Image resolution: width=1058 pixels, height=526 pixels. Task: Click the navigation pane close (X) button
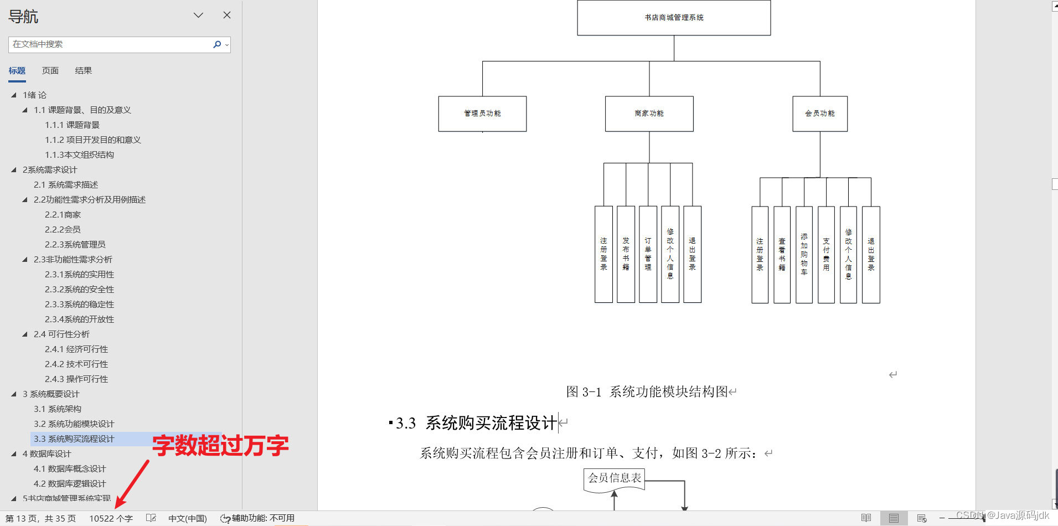[227, 15]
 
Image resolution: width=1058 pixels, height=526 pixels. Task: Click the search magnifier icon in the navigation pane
[217, 44]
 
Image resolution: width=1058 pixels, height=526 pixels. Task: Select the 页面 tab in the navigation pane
[50, 70]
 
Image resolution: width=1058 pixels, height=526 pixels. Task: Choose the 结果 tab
[83, 70]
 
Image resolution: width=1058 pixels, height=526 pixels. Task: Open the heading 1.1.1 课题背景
[72, 125]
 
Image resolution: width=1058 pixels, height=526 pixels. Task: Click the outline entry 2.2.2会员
[63, 230]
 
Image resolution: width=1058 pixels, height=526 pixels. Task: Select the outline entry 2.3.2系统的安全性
[79, 290]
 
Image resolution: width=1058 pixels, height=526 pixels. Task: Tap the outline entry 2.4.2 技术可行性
[76, 364]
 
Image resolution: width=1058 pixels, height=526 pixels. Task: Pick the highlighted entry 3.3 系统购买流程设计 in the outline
[74, 439]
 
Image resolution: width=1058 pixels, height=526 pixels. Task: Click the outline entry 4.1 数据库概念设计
[70, 469]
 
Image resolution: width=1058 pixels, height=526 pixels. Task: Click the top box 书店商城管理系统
[674, 18]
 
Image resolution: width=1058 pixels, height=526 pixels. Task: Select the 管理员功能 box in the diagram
[482, 114]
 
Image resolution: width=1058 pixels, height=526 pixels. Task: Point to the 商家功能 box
[649, 114]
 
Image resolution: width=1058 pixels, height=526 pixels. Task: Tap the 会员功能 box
[820, 114]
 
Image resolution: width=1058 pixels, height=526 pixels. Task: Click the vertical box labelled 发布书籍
[626, 254]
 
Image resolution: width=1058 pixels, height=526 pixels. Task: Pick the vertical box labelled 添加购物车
[804, 255]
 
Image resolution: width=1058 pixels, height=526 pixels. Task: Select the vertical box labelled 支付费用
[826, 255]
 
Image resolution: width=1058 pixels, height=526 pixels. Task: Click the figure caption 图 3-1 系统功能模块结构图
[647, 392]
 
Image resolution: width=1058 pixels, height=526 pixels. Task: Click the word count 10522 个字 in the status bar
[111, 518]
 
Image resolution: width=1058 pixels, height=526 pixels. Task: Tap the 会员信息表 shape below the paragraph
[615, 478]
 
